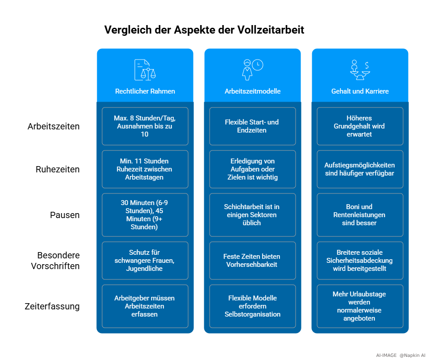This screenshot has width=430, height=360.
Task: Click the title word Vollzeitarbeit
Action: pyautogui.click(x=271, y=30)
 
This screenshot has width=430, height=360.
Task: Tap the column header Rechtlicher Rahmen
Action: pyautogui.click(x=145, y=91)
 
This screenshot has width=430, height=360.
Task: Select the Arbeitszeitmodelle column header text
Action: pyautogui.click(x=253, y=91)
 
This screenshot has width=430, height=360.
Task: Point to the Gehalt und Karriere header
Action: pyautogui.click(x=360, y=91)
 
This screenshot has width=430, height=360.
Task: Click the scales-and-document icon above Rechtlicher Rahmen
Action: pyautogui.click(x=145, y=70)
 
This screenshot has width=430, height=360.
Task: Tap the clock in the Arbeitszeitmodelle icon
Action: pyautogui.click(x=258, y=65)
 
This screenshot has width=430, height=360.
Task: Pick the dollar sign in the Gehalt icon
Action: pyautogui.click(x=367, y=65)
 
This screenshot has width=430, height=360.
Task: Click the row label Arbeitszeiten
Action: pyautogui.click(x=53, y=126)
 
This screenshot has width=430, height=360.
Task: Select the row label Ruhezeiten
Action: pyautogui.click(x=58, y=169)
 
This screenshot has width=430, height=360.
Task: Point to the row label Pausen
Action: pyautogui.click(x=64, y=215)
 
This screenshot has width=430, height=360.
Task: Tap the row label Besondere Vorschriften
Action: pyautogui.click(x=56, y=261)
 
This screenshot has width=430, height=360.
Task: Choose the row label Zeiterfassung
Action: pyautogui.click(x=52, y=306)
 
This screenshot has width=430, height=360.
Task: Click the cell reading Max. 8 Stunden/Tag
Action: pyautogui.click(x=145, y=126)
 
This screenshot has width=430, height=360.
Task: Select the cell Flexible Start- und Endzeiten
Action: pyautogui.click(x=253, y=126)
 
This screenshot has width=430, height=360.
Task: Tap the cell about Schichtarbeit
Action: pyautogui.click(x=253, y=215)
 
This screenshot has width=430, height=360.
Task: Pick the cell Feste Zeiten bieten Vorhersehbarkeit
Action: pyautogui.click(x=253, y=261)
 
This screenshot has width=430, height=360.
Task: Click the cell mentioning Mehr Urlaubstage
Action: pyautogui.click(x=360, y=306)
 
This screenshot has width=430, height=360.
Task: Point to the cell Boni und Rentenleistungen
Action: pyautogui.click(x=360, y=215)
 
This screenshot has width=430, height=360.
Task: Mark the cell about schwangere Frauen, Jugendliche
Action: pyautogui.click(x=145, y=261)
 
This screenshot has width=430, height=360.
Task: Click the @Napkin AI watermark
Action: pyautogui.click(x=413, y=356)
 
